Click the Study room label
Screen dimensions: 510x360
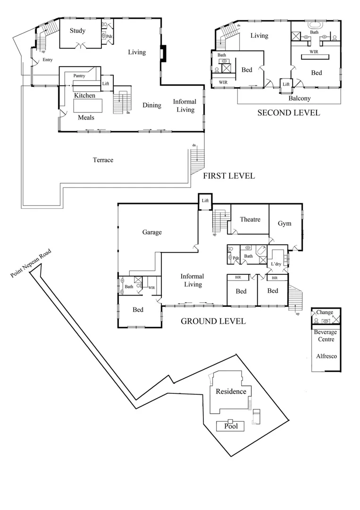coord(77,31)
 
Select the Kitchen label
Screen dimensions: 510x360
coord(84,95)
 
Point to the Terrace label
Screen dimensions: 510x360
coord(103,160)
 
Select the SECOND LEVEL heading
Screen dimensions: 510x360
coord(288,113)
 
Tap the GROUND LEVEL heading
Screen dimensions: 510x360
coord(213,321)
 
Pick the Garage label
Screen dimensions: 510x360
coord(152,232)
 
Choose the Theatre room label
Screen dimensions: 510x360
coord(250,219)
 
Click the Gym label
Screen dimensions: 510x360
coord(285,223)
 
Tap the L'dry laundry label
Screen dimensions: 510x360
coord(276,264)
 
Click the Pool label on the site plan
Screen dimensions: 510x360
coord(231,426)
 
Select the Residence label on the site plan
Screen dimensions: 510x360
coord(231,391)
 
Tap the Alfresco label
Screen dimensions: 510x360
coord(326,356)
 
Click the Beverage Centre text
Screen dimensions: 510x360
coord(326,336)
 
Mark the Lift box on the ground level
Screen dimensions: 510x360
coord(205,201)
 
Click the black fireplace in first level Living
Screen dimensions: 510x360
coord(163,53)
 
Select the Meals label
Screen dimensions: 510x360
coord(86,118)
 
